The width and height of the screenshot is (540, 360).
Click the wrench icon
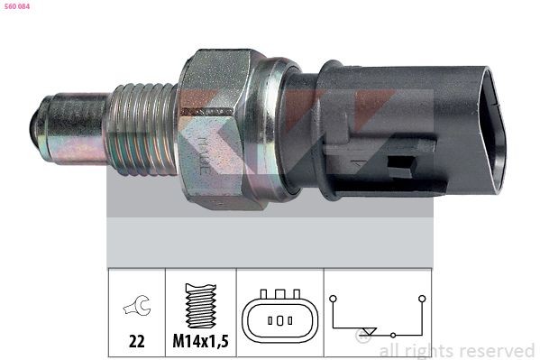pyautogui.click(x=136, y=308)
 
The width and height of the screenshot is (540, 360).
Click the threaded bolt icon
pyautogui.click(x=201, y=304)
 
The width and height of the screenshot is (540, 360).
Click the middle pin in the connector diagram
pyautogui.click(x=279, y=321)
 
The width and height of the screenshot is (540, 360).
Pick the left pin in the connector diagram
pyautogui.click(x=269, y=321)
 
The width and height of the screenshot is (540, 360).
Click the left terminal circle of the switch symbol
pyautogui.click(x=333, y=295)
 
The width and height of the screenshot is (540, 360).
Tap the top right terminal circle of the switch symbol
pyautogui.click(x=421, y=295)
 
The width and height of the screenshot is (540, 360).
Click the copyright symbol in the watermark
pyautogui.click(x=365, y=338)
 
